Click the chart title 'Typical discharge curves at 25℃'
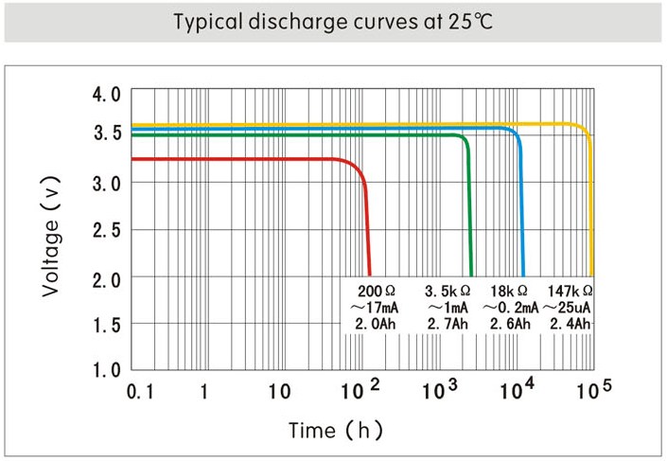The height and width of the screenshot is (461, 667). point(332,22)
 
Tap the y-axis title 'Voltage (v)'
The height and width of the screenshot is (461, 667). point(52,232)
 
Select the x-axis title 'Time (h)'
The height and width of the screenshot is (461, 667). point(336,431)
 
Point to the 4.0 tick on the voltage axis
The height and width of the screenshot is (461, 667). point(106,95)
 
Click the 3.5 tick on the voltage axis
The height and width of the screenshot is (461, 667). point(106,133)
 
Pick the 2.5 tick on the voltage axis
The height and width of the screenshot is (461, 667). point(106,230)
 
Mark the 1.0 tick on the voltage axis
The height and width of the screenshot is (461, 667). point(106,369)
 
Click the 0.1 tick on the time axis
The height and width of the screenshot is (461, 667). point(139,390)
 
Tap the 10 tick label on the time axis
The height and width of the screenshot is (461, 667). point(278,390)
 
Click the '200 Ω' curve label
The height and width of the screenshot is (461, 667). point(376,291)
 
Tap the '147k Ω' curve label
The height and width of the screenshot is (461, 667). point(570,291)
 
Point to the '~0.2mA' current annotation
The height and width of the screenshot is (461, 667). point(511,308)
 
